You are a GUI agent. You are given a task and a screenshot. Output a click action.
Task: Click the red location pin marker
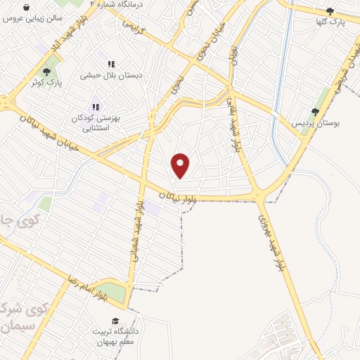pos(181,165)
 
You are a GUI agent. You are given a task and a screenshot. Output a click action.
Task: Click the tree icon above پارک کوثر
pos(47,72)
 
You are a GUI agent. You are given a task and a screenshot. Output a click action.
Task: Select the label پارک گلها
pos(330,21)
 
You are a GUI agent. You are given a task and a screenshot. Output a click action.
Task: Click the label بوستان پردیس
pos(316,122)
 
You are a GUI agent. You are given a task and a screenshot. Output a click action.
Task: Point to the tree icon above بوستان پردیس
pos(315,111)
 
